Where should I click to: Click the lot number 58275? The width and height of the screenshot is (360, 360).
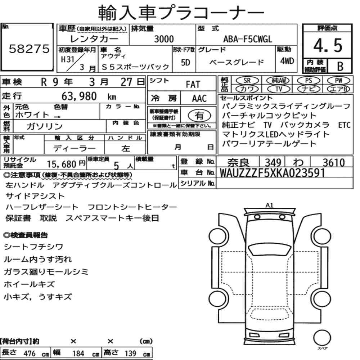pos(29,49)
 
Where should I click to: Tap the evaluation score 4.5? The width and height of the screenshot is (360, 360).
pos(328,46)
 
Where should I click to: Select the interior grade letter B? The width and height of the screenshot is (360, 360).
pos(340,66)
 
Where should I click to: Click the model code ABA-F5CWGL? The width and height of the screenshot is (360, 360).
pos(248,39)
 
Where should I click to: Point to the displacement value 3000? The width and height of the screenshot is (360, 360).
pos(164,39)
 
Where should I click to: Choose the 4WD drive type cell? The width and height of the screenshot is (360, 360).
pos(287,61)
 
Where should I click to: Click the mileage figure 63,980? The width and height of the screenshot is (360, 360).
pos(79,96)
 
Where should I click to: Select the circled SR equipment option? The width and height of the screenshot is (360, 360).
pos(247,80)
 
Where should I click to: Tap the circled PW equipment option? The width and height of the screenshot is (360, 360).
pos(338,80)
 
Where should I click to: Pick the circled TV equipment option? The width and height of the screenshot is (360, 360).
pos(279,89)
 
